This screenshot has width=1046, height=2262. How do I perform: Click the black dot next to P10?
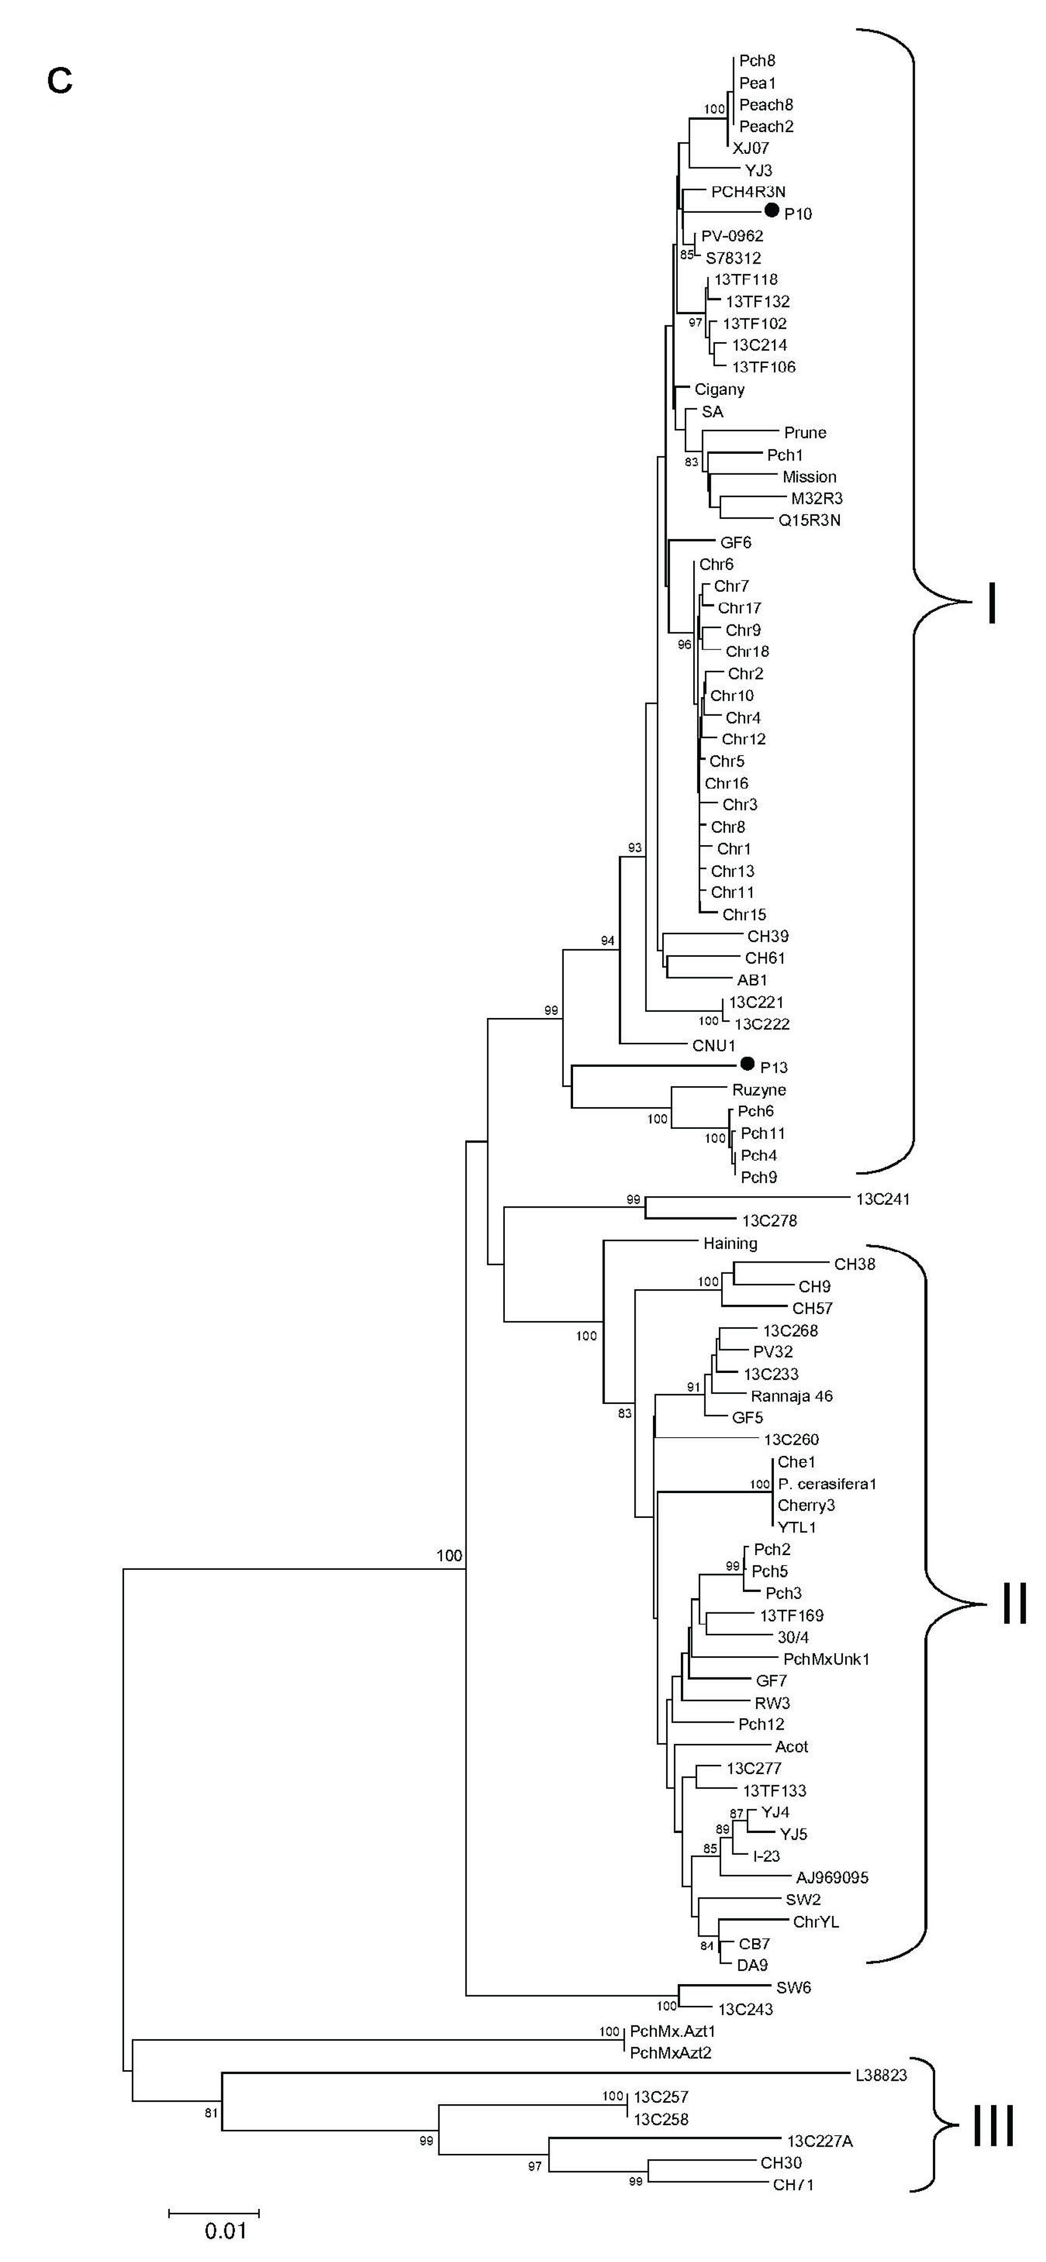pos(771,210)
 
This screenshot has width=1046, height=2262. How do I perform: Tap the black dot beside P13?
pos(747,1064)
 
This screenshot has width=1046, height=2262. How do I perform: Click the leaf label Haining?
pos(730,1244)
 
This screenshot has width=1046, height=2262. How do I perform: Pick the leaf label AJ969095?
pos(832,1877)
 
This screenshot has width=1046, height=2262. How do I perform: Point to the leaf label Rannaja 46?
pos(791,1396)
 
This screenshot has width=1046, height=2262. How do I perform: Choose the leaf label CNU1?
pos(713,1046)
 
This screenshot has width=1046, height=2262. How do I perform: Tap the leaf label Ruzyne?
pos(759,1090)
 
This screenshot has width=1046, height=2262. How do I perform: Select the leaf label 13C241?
pos(882,1199)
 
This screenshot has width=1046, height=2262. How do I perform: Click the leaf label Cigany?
pos(719,389)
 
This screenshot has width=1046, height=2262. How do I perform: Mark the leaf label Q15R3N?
pos(809,520)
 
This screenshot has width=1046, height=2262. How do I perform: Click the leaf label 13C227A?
pos(820,2141)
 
